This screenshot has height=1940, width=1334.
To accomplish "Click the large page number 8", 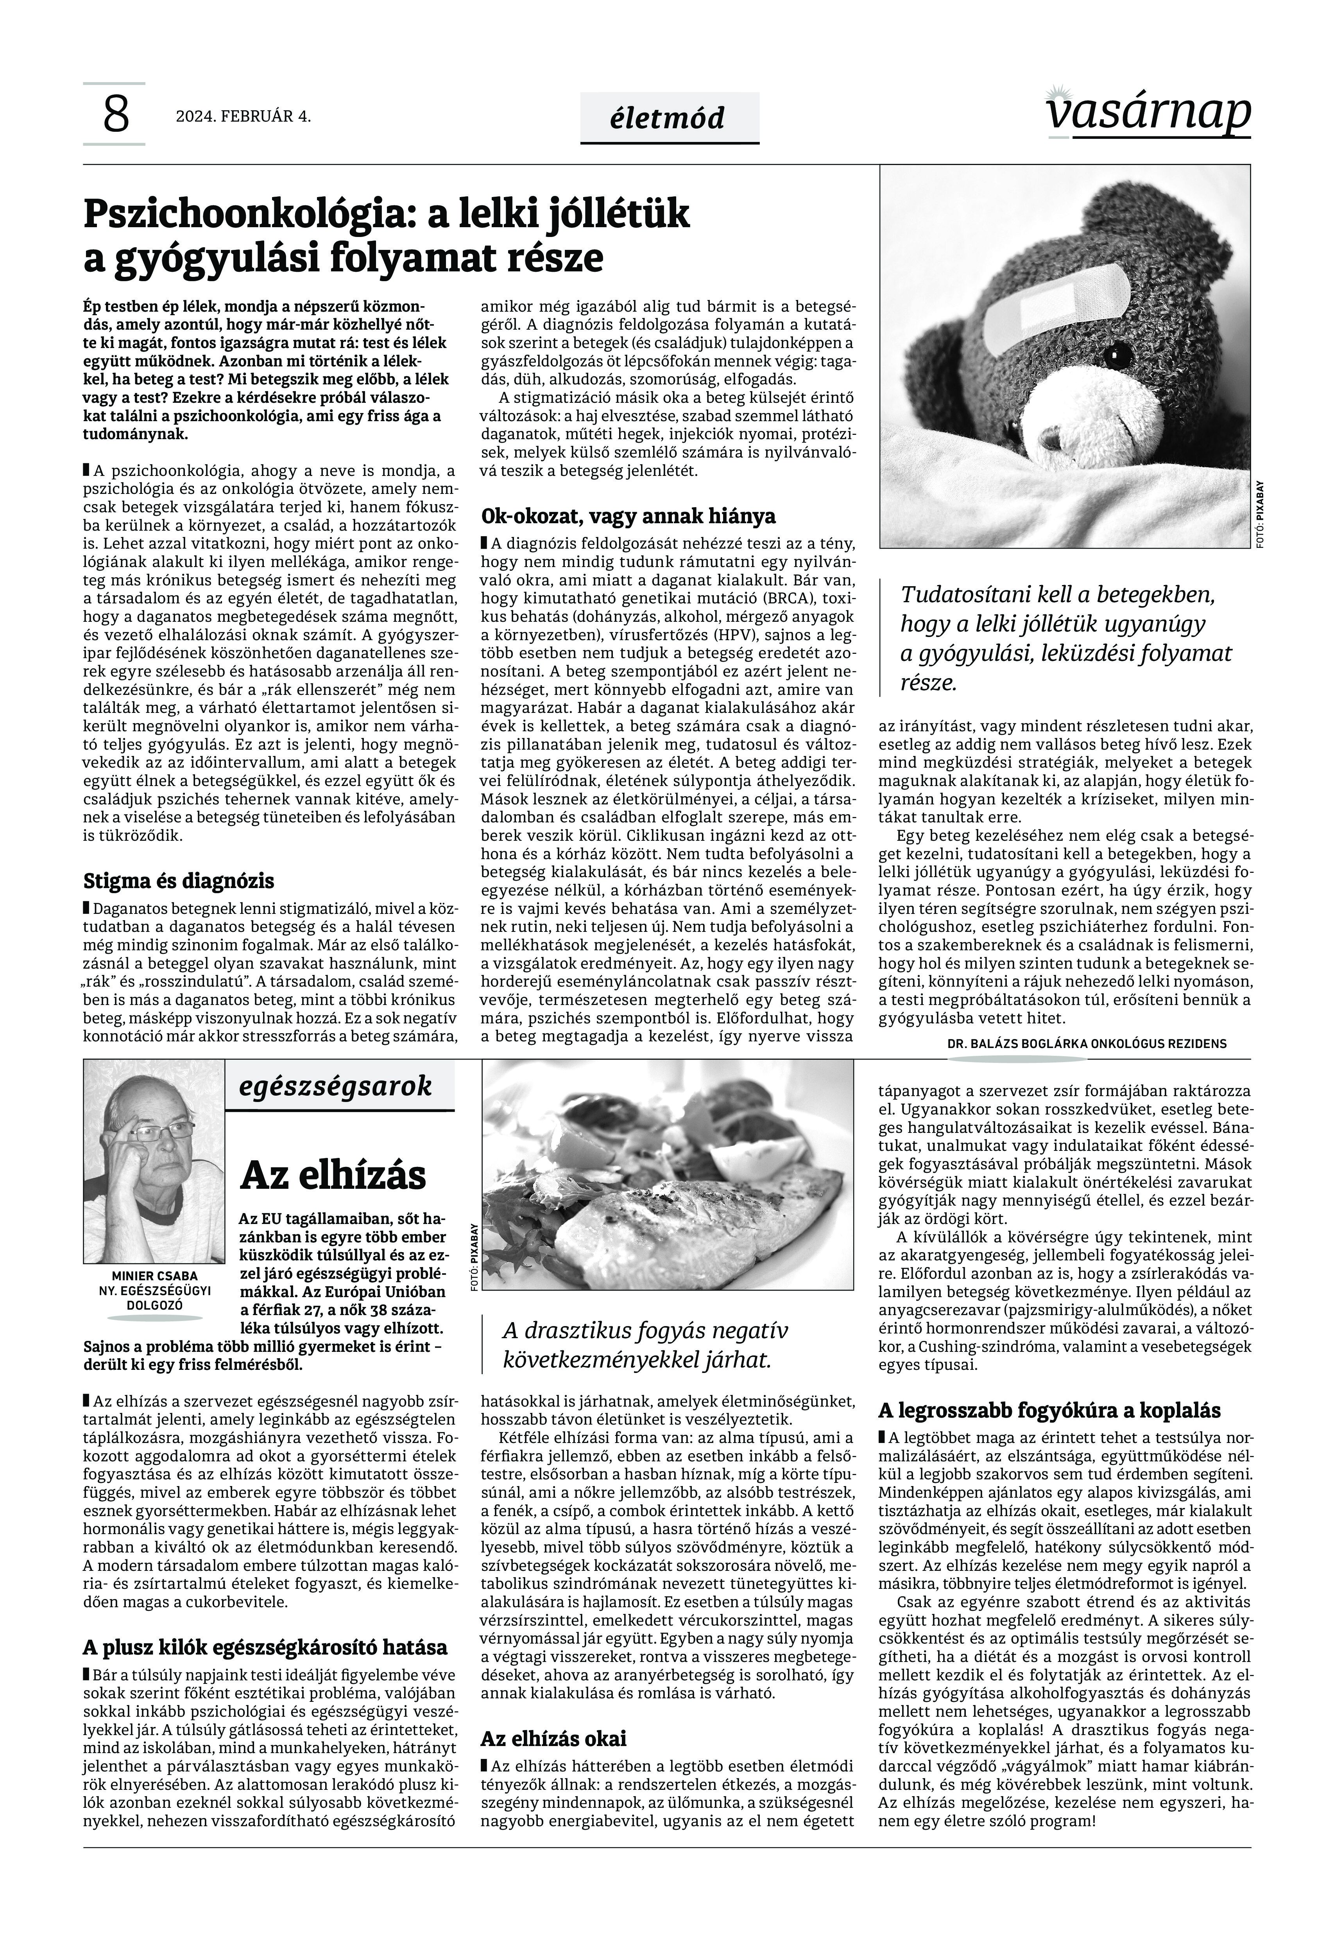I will tap(115, 115).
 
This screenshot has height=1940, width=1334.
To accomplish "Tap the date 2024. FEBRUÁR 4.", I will tap(243, 117).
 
